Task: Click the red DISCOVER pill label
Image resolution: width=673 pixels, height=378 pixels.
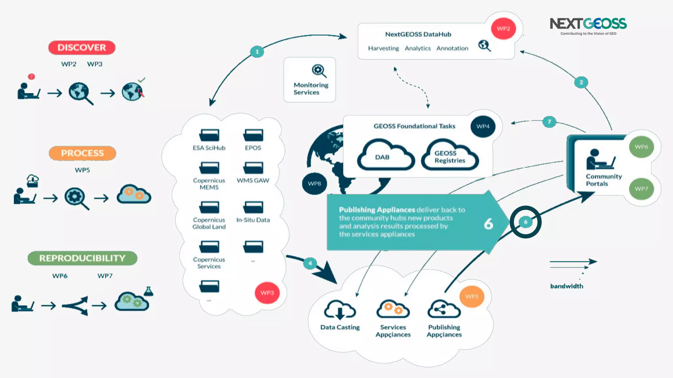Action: pyautogui.click(x=82, y=48)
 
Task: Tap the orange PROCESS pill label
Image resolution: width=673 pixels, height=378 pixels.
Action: pyautogui.click(x=82, y=153)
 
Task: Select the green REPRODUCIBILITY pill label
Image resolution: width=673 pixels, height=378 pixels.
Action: pyautogui.click(x=82, y=258)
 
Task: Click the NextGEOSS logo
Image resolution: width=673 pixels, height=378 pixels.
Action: pyautogui.click(x=588, y=26)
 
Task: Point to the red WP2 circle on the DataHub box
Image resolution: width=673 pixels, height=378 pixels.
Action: pyautogui.click(x=503, y=29)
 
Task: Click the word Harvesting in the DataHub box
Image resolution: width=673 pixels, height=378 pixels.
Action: pyautogui.click(x=383, y=49)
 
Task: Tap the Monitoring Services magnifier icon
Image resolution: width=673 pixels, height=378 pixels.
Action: pyautogui.click(x=319, y=71)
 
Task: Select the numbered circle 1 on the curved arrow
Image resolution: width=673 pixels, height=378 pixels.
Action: pyautogui.click(x=257, y=52)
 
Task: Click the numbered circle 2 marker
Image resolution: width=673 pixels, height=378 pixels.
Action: pyautogui.click(x=581, y=82)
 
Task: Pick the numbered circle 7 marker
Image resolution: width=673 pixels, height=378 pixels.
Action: pyautogui.click(x=549, y=122)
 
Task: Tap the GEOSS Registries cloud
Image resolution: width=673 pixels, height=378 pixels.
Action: pyautogui.click(x=450, y=156)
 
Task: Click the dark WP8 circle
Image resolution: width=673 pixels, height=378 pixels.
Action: pyautogui.click(x=314, y=183)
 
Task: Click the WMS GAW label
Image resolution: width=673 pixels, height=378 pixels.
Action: pyautogui.click(x=253, y=180)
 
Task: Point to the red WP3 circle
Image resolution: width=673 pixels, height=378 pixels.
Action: pyautogui.click(x=267, y=293)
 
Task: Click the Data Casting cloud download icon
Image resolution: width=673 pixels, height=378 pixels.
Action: pyautogui.click(x=340, y=310)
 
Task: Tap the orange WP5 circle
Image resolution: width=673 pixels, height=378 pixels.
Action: pyautogui.click(x=472, y=297)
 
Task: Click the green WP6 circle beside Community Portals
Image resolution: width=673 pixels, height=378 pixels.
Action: pyautogui.click(x=641, y=147)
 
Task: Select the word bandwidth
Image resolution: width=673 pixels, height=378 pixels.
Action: pyautogui.click(x=567, y=286)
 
